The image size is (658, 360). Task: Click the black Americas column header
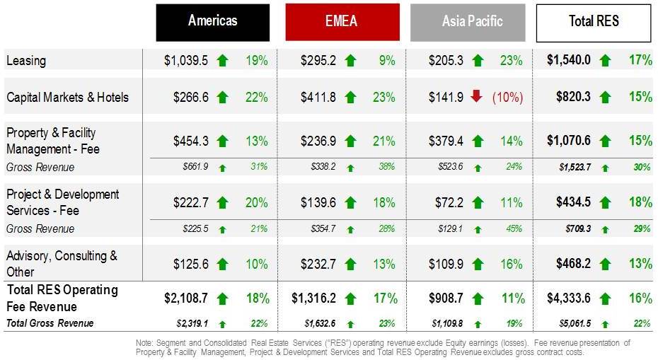[x=212, y=22]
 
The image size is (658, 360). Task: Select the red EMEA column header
[x=342, y=22]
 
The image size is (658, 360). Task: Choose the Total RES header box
[x=593, y=22]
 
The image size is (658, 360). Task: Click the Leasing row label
[x=26, y=61]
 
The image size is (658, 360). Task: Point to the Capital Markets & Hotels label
[x=67, y=97]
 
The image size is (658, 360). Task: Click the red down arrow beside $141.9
[x=476, y=96]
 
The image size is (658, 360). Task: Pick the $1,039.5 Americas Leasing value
[x=186, y=61]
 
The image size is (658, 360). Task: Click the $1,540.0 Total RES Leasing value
[x=568, y=61]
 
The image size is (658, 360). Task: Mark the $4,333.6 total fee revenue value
[x=568, y=298]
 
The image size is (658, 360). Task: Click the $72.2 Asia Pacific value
[x=449, y=202]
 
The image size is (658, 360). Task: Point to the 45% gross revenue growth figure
[x=514, y=229]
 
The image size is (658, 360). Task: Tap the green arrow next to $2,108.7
[x=223, y=298]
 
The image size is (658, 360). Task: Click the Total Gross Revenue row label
[x=50, y=324]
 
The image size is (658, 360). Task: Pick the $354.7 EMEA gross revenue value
[x=323, y=229]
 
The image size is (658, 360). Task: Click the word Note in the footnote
[x=145, y=343]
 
